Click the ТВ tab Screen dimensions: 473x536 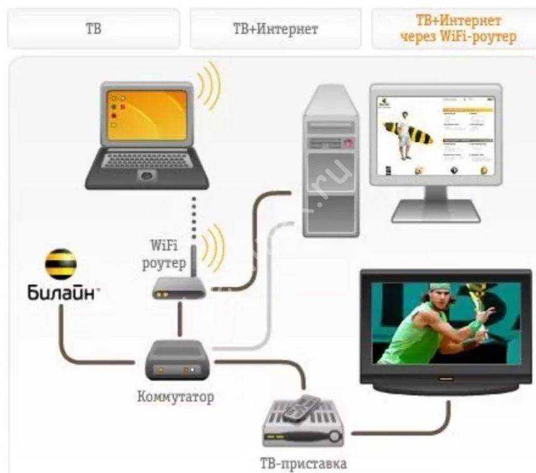(93, 29)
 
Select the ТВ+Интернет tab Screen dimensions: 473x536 (276, 29)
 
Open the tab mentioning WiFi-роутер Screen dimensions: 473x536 (458, 29)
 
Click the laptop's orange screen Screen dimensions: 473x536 (147, 117)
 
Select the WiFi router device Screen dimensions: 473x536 (178, 289)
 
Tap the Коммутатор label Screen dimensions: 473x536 (175, 397)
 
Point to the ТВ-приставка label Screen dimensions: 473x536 (302, 464)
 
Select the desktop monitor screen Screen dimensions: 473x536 (435, 135)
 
